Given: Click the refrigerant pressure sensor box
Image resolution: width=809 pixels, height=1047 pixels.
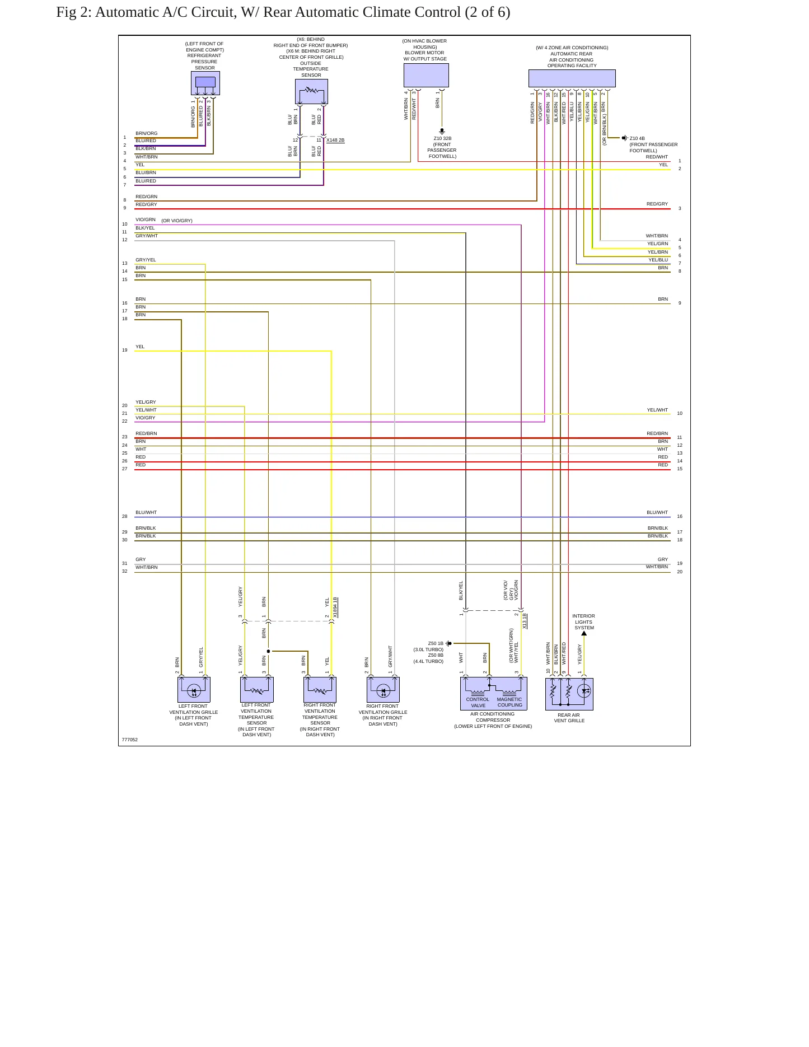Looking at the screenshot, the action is [205, 83].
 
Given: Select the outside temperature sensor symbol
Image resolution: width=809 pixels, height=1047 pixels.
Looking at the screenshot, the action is [311, 91].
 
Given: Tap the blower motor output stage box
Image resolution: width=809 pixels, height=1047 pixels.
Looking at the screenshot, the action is [426, 76].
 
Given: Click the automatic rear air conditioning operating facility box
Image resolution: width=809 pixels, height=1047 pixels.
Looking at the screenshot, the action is [572, 78].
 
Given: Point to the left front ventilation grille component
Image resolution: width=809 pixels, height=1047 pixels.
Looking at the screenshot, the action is [194, 689].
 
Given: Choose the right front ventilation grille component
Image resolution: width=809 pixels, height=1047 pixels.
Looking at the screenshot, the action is [383, 689].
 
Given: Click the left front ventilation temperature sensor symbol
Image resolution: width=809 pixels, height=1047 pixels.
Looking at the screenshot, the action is [257, 689].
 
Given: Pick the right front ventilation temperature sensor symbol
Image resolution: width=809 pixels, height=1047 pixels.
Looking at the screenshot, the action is [320, 689].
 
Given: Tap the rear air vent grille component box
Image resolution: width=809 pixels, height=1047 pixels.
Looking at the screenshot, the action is [569, 694].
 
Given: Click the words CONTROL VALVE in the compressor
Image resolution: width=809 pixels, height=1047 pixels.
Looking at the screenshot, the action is [478, 702].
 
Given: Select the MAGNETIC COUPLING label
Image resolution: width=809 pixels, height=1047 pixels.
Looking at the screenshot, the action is [509, 702].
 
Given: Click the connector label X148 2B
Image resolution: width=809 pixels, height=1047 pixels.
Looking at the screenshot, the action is [335, 140].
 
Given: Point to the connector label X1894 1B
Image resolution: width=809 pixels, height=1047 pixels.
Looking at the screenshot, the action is [335, 607].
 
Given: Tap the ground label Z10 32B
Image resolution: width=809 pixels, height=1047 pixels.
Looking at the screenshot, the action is [442, 138].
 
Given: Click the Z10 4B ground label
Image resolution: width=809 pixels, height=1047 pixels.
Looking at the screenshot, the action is [637, 138].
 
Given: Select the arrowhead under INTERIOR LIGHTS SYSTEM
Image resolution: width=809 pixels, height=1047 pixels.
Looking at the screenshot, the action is [584, 633].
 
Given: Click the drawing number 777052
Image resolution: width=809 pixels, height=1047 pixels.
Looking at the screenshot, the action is [130, 740].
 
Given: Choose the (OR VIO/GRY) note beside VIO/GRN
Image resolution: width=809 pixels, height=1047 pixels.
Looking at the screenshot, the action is [177, 221].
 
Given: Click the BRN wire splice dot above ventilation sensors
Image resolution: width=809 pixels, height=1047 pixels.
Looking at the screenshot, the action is [268, 651].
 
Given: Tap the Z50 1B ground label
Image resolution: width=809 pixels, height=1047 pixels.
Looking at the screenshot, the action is [436, 643].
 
